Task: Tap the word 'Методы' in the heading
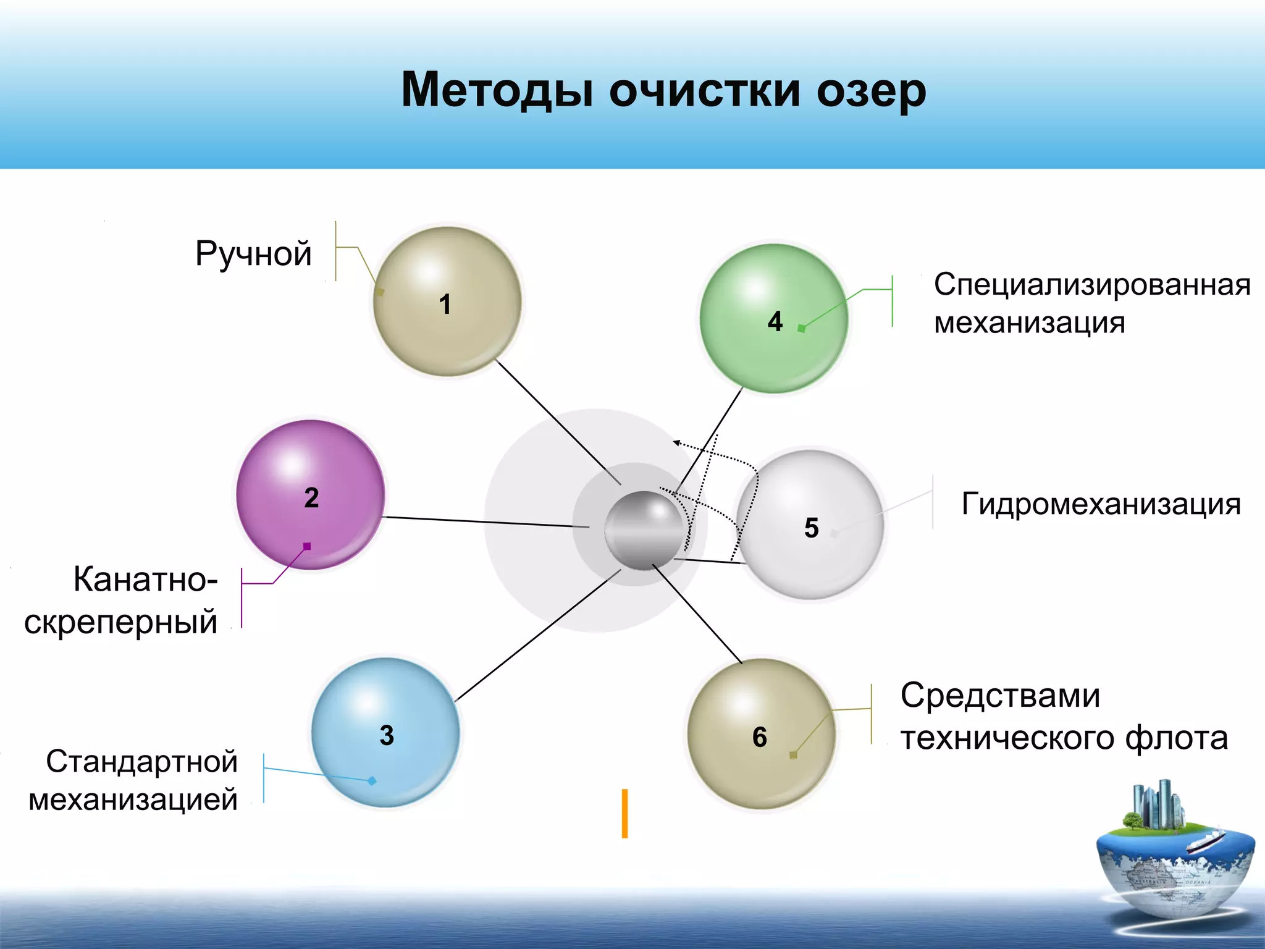pos(498,90)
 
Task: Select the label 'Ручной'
pos(253,253)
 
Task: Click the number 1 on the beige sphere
pos(445,304)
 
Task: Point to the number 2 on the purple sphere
pos(311,497)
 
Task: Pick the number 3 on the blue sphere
pos(387,735)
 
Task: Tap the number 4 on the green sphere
pos(775,321)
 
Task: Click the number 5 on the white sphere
pos(811,528)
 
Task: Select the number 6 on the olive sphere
pos(760,737)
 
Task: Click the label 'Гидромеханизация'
pos(1101,504)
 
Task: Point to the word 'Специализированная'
pos(1091,285)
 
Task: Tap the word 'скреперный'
pos(121,622)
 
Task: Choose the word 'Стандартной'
pos(142,761)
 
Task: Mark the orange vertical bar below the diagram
pos(624,813)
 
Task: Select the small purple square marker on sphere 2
pos(307,546)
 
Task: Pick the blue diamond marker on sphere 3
pos(372,781)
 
